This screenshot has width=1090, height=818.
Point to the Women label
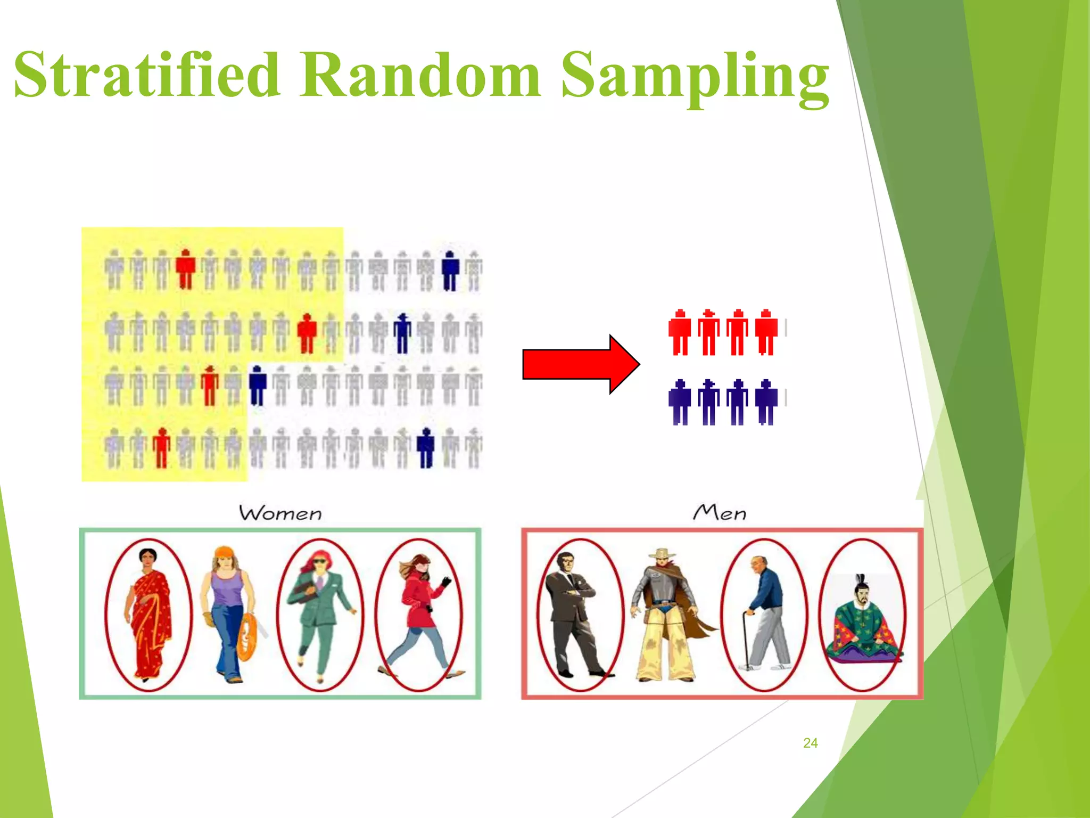280,513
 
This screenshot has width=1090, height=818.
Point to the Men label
720,512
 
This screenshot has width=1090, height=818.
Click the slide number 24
810,743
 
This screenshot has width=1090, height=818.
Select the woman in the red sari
149,615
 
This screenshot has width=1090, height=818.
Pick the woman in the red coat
420,612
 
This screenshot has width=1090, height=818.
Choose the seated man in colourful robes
862,623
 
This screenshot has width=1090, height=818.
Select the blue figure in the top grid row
450,271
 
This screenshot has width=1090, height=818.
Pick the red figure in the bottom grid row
161,448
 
